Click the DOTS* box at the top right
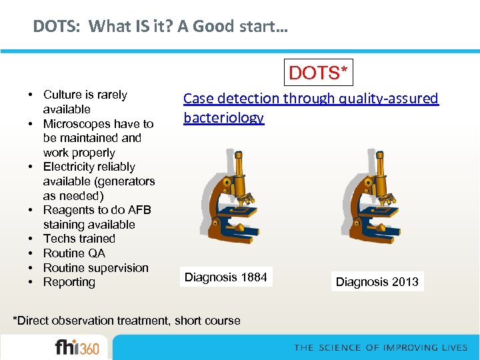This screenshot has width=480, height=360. pyautogui.click(x=318, y=73)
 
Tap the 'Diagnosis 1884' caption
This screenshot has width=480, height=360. pyautogui.click(x=225, y=277)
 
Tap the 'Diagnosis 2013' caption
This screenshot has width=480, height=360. pyautogui.click(x=377, y=281)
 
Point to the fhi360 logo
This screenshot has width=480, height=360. pyautogui.click(x=76, y=348)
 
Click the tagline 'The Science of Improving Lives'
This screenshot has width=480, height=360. pyautogui.click(x=381, y=347)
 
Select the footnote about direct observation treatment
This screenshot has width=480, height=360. pyautogui.click(x=127, y=321)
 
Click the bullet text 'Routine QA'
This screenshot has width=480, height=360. pyautogui.click(x=74, y=253)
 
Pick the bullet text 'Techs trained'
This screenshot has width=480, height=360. pyautogui.click(x=79, y=239)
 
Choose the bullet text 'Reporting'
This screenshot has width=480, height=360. pyautogui.click(x=69, y=282)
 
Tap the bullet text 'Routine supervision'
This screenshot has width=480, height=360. pyautogui.click(x=95, y=268)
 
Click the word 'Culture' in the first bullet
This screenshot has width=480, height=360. pyautogui.click(x=61, y=95)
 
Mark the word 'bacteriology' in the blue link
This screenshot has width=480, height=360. pyautogui.click(x=223, y=118)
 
